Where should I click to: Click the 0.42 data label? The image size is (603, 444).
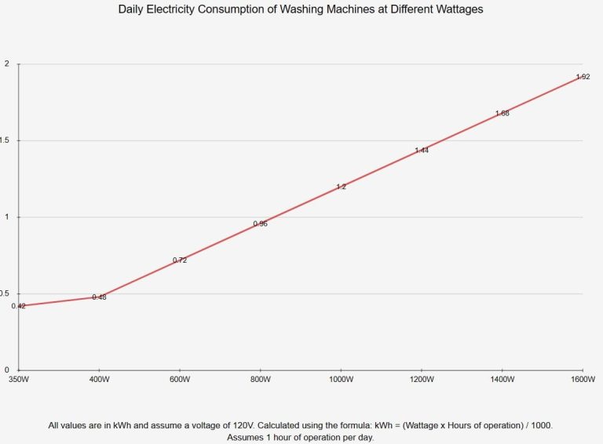point(19,306)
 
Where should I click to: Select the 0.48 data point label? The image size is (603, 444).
point(99,297)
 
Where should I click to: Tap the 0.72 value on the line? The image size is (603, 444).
point(180,260)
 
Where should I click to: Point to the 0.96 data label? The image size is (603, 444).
point(261,224)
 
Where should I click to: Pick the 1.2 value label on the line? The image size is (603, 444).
point(341,187)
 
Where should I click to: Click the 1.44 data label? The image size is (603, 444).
point(422,150)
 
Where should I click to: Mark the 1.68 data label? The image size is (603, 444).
point(502,113)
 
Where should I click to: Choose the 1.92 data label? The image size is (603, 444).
point(583,77)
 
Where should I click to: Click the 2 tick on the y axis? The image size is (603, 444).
point(7,64)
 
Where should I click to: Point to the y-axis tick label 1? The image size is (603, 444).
point(7,217)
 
